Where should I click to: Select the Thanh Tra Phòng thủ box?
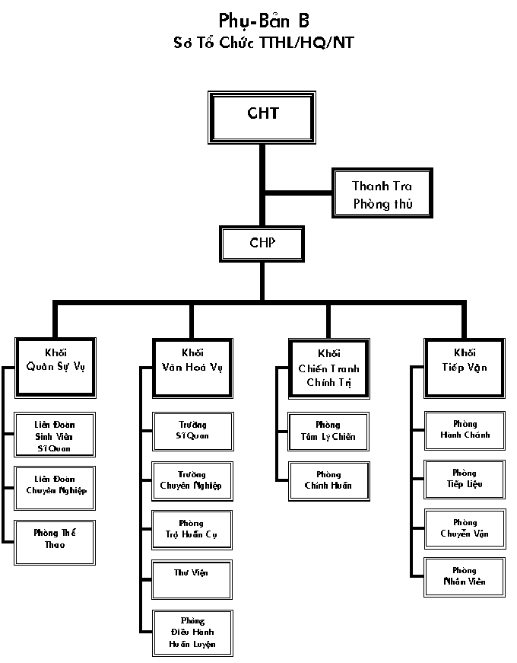(x=382, y=194)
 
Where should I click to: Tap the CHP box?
(x=262, y=244)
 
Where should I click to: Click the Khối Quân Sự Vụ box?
(x=56, y=366)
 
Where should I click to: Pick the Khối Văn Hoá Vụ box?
(x=192, y=366)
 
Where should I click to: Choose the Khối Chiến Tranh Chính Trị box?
(x=329, y=368)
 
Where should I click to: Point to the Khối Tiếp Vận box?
(x=465, y=366)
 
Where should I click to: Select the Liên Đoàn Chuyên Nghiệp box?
(x=55, y=485)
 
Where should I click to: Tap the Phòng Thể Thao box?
(x=55, y=539)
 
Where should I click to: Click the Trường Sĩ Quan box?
(x=192, y=431)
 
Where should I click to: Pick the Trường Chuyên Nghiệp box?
(x=192, y=480)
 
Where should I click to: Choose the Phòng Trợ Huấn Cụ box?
(x=192, y=530)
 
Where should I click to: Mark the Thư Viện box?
(x=192, y=579)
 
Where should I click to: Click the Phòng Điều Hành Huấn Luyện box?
(x=192, y=633)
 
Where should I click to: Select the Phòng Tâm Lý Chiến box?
(x=328, y=431)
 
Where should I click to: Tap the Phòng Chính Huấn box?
(x=328, y=480)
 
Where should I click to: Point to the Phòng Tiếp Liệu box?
(x=465, y=480)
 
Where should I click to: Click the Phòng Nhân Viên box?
(x=465, y=577)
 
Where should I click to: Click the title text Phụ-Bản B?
(x=264, y=21)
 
